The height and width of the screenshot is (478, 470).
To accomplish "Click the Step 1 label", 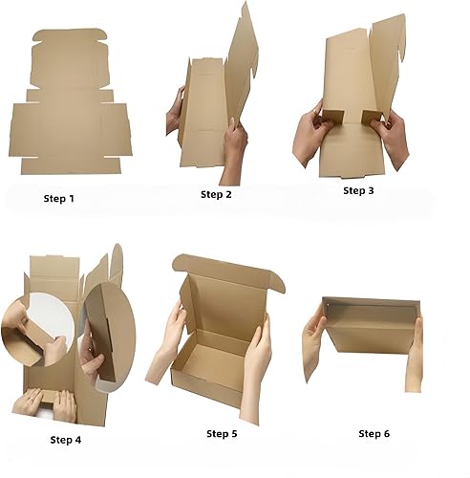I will click(58, 199).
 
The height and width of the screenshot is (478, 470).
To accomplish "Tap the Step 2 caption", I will click(216, 194).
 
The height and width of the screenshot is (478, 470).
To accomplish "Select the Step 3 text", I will click(359, 190).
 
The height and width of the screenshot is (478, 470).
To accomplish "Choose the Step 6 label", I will click(374, 433).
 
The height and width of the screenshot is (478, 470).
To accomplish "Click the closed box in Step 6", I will click(367, 339).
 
